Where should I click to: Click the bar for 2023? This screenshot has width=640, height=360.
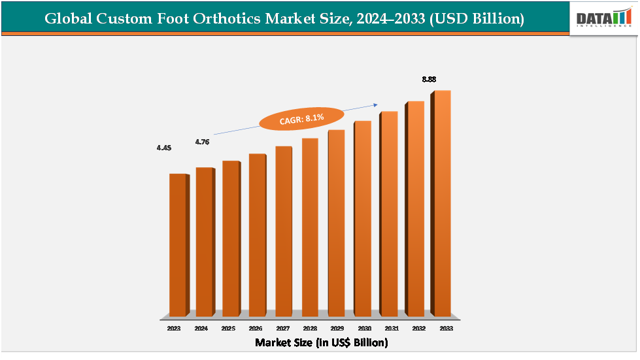(x=177, y=245)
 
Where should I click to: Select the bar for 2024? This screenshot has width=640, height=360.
(x=204, y=242)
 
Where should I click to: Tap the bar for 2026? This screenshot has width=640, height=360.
(x=257, y=235)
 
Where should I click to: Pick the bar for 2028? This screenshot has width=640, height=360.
(x=310, y=227)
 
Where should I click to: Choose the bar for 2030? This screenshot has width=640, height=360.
(x=362, y=219)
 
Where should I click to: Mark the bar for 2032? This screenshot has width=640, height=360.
(x=414, y=209)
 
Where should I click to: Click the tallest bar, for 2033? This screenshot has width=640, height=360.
(x=441, y=203)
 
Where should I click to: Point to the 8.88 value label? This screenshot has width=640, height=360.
(x=429, y=79)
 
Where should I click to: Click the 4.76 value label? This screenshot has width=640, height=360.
(x=202, y=142)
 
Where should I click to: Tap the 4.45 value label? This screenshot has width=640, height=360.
(x=164, y=148)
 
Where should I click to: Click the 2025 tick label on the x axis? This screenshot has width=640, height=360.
(x=228, y=329)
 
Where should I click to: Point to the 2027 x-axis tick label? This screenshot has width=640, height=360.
(x=282, y=329)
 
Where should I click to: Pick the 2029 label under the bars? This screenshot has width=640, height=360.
(x=336, y=329)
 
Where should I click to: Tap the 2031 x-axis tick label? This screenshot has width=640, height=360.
(x=391, y=329)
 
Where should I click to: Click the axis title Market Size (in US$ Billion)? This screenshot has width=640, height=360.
(x=321, y=342)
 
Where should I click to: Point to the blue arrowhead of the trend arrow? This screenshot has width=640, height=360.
(x=377, y=104)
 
